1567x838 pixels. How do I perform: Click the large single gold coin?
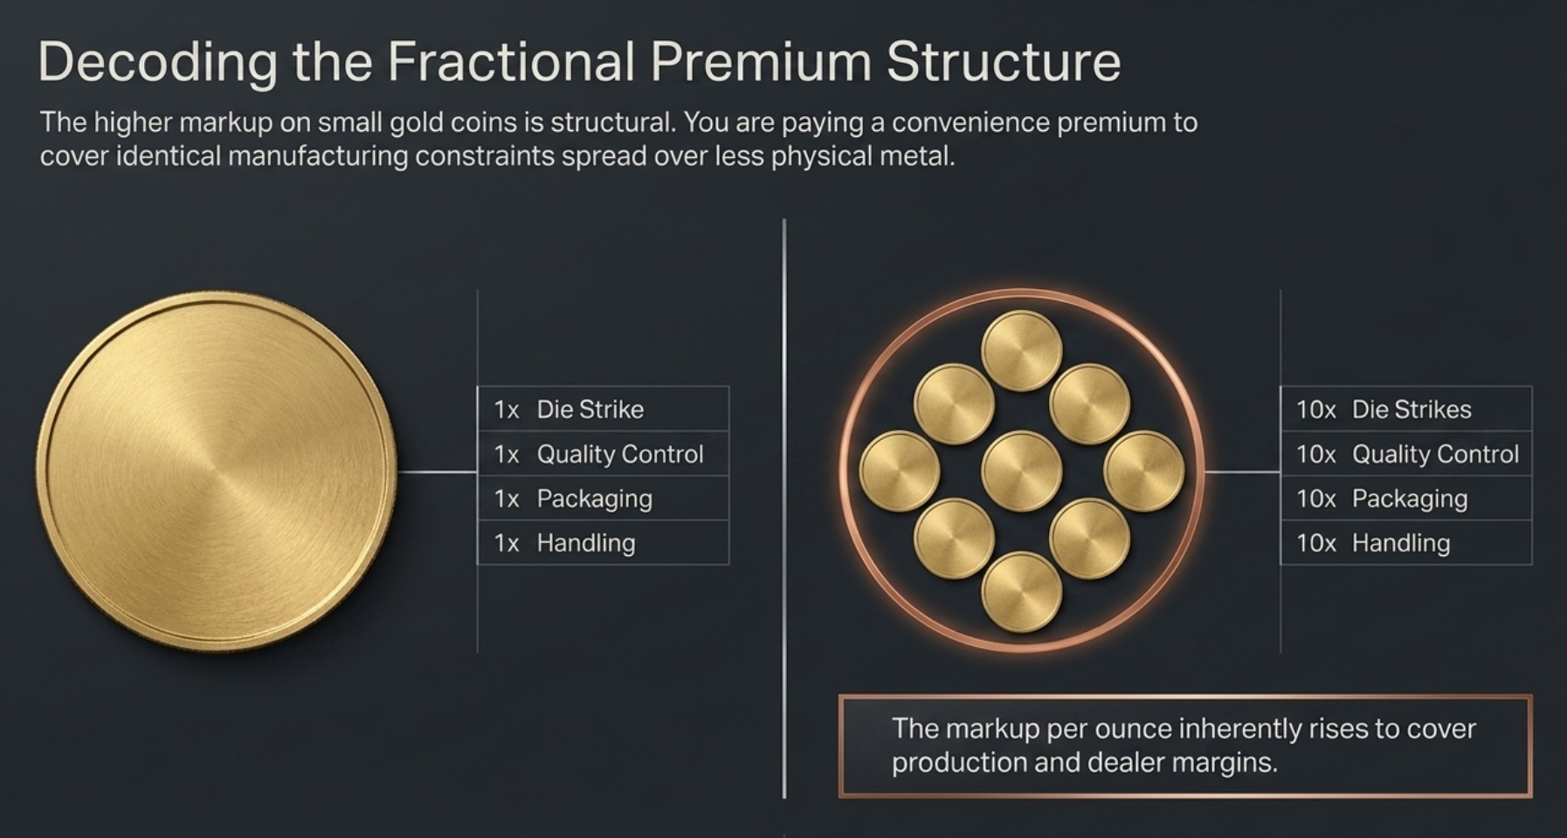click(217, 471)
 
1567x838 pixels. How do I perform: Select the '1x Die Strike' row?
click(603, 409)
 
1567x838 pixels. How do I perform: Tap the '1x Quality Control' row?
click(603, 454)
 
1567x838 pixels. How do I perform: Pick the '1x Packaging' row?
click(603, 498)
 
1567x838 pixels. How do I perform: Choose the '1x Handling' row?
click(603, 543)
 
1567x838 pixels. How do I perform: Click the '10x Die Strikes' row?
click(1405, 409)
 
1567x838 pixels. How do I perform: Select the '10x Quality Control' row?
click(1405, 454)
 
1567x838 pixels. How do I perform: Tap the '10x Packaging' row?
click(1405, 498)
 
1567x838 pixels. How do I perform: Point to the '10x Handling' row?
click(1405, 543)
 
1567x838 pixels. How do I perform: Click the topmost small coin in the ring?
click(1021, 351)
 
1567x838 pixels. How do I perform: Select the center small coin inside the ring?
click(1021, 471)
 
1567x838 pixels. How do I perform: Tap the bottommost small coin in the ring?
click(1021, 592)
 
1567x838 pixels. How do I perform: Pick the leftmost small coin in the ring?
click(900, 471)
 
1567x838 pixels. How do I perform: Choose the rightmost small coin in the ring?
click(1143, 471)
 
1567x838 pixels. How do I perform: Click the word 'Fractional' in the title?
click(510, 62)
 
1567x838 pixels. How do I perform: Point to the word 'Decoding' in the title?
click(157, 62)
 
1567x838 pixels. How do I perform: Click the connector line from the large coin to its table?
click(437, 472)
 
